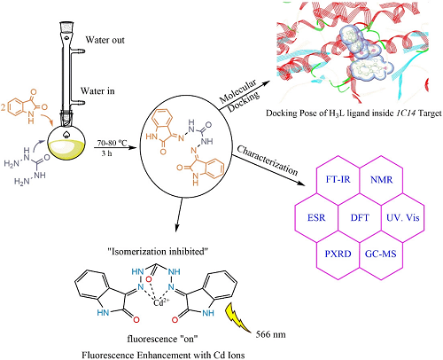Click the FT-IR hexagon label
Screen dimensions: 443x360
coord(338,179)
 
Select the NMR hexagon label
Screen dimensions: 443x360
coord(382,179)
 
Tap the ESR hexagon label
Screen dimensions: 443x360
coord(316,217)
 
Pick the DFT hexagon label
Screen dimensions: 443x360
coord(360,217)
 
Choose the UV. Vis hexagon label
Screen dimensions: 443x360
coord(403,217)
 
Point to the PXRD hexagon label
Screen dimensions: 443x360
coord(338,254)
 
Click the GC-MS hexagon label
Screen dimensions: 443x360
coord(381,254)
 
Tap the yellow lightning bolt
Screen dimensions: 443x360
coord(237,318)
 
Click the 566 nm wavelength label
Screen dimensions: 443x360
coord(270,334)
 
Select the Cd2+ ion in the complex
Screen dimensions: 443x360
coord(161,302)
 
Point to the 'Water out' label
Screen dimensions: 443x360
coord(105,40)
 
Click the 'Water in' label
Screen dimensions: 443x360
coord(97,90)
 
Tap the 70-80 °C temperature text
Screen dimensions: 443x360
coord(113,144)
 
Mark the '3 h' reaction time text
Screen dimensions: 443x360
coord(106,153)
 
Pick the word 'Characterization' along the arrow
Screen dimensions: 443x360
coord(268,160)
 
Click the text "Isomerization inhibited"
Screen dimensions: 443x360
coord(158,252)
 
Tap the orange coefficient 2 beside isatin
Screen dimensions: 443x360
coord(3,107)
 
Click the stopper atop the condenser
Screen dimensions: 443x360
coord(67,27)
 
